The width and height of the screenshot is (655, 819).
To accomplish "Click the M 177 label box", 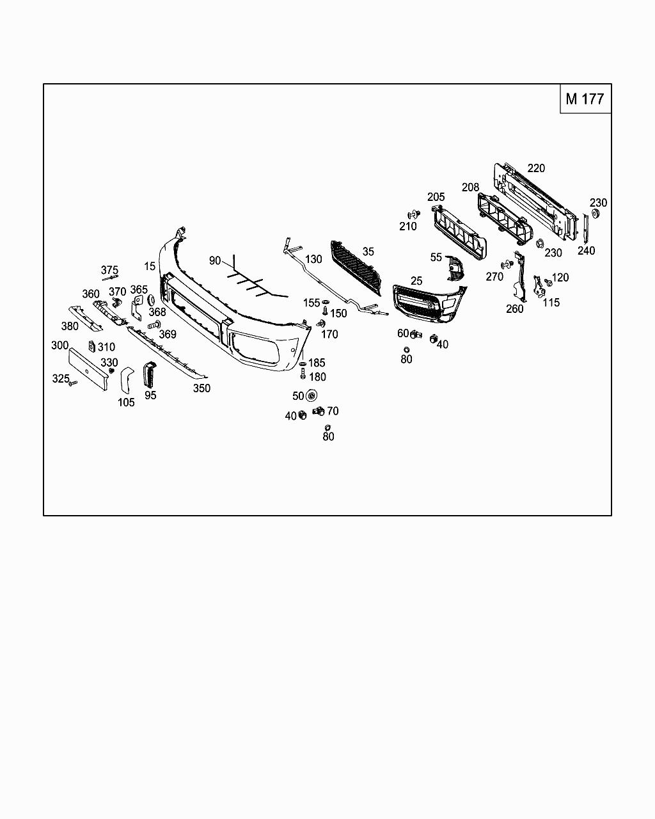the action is point(585,99).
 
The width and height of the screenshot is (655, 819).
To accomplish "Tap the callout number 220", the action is point(536,168).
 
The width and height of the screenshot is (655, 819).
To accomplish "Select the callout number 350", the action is point(201,388).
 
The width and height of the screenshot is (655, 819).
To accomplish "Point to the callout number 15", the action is point(150,266).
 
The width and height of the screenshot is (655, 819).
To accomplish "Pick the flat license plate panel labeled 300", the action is point(88,369).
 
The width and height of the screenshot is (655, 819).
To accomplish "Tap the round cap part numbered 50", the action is point(312,396).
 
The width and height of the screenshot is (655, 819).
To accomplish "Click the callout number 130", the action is point(313,259).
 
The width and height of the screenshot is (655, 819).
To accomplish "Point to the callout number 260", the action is point(514,308).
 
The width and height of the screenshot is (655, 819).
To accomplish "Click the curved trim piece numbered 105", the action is point(127,380).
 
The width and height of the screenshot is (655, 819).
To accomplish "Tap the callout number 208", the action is point(470,187).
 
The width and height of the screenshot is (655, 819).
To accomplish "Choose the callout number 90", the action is point(215,260).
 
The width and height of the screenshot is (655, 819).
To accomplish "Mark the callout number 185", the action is point(317,363).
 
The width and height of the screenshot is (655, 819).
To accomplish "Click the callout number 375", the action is point(109,270).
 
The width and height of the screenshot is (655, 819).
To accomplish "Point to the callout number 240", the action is point(586,250).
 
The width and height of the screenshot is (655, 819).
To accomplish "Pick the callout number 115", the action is point(551,303).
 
